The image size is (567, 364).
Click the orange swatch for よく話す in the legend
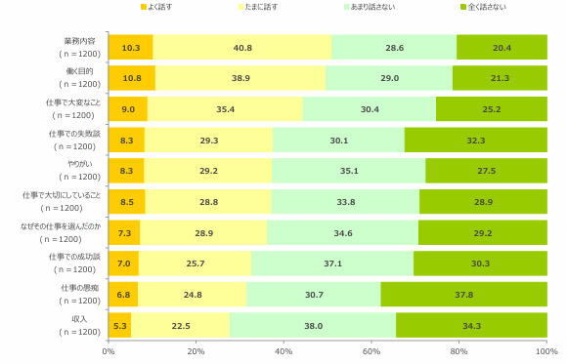click(x=143, y=7)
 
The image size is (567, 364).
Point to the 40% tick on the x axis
click(x=283, y=342)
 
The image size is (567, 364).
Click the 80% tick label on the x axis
click(x=458, y=351)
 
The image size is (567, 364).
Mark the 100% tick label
click(x=546, y=351)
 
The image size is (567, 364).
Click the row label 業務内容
click(x=79, y=41)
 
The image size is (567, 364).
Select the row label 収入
click(x=79, y=319)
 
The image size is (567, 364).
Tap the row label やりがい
click(x=80, y=164)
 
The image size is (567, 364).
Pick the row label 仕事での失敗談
click(x=74, y=134)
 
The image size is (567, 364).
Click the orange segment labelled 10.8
click(x=132, y=78)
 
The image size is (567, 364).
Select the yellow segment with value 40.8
click(x=242, y=47)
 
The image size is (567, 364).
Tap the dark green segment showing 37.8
click(x=464, y=295)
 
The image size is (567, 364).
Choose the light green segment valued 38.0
click(x=313, y=325)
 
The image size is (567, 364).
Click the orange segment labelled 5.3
click(x=120, y=325)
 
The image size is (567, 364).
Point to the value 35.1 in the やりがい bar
click(x=349, y=171)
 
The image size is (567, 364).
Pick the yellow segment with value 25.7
click(x=196, y=263)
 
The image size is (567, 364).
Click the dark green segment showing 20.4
click(x=502, y=47)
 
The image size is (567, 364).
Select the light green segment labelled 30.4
click(x=370, y=109)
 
